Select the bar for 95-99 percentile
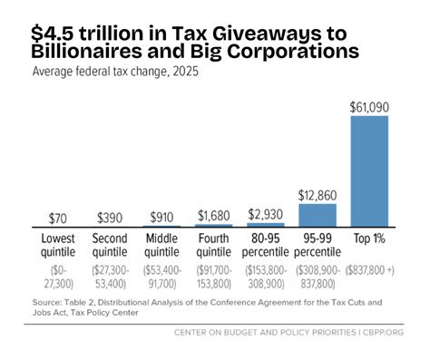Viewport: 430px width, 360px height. pos(318,214)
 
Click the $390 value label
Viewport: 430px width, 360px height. pos(112,219)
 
